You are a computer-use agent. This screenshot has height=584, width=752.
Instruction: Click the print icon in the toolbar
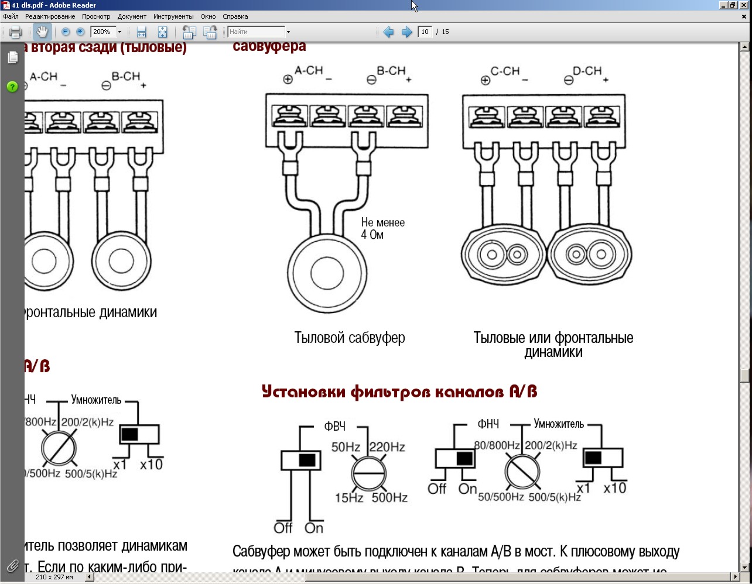[15, 32]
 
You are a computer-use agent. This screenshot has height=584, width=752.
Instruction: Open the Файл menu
[11, 16]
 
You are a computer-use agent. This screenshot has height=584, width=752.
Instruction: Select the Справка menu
[235, 16]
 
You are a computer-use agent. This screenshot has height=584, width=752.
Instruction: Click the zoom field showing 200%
[102, 32]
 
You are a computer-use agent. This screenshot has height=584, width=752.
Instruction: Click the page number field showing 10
[425, 32]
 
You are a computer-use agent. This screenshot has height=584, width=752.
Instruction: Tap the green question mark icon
[12, 87]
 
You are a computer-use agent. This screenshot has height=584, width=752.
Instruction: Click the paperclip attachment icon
[12, 566]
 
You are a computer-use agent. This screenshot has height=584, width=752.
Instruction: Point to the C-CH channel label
[505, 71]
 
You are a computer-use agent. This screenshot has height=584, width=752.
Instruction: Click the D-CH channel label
[587, 71]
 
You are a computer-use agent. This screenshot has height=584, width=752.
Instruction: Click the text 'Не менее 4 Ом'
[382, 228]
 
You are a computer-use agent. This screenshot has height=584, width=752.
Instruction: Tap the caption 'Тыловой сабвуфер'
[350, 338]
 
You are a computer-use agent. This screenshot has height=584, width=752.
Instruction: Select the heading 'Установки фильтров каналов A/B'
[399, 391]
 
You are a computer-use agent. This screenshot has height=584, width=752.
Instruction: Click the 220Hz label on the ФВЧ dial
[387, 447]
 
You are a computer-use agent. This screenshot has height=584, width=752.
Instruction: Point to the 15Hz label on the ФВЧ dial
[348, 498]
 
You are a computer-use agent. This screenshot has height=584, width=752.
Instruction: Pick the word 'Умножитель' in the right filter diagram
[559, 424]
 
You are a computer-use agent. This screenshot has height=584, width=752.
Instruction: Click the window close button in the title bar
[744, 5]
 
